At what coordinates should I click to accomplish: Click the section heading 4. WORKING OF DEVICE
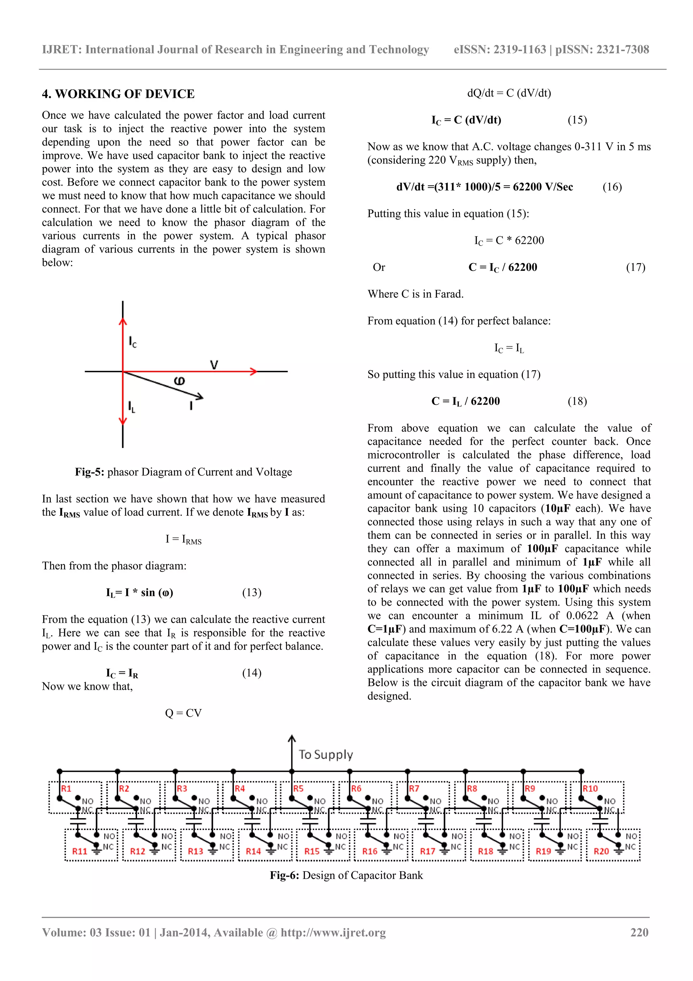tap(118, 94)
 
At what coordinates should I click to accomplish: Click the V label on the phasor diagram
tap(214, 364)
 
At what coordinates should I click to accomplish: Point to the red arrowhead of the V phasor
tap(254, 371)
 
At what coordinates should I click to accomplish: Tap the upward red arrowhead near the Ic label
tap(122, 322)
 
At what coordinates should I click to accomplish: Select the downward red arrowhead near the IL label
tap(122, 421)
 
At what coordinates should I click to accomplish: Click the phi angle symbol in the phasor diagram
tap(180, 381)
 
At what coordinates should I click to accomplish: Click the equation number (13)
tap(251, 593)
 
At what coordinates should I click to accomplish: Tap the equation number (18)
tap(577, 401)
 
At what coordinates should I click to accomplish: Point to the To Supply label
tap(326, 754)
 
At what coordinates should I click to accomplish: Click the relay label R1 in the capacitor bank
tap(66, 789)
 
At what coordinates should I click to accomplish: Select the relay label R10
tap(590, 789)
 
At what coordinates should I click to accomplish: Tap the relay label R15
tap(312, 851)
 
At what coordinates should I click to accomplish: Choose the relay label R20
tap(601, 851)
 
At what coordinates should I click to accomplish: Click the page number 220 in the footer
tap(639, 932)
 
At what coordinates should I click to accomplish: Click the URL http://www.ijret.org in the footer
tap(333, 932)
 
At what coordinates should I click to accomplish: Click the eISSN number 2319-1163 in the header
tap(520, 49)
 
